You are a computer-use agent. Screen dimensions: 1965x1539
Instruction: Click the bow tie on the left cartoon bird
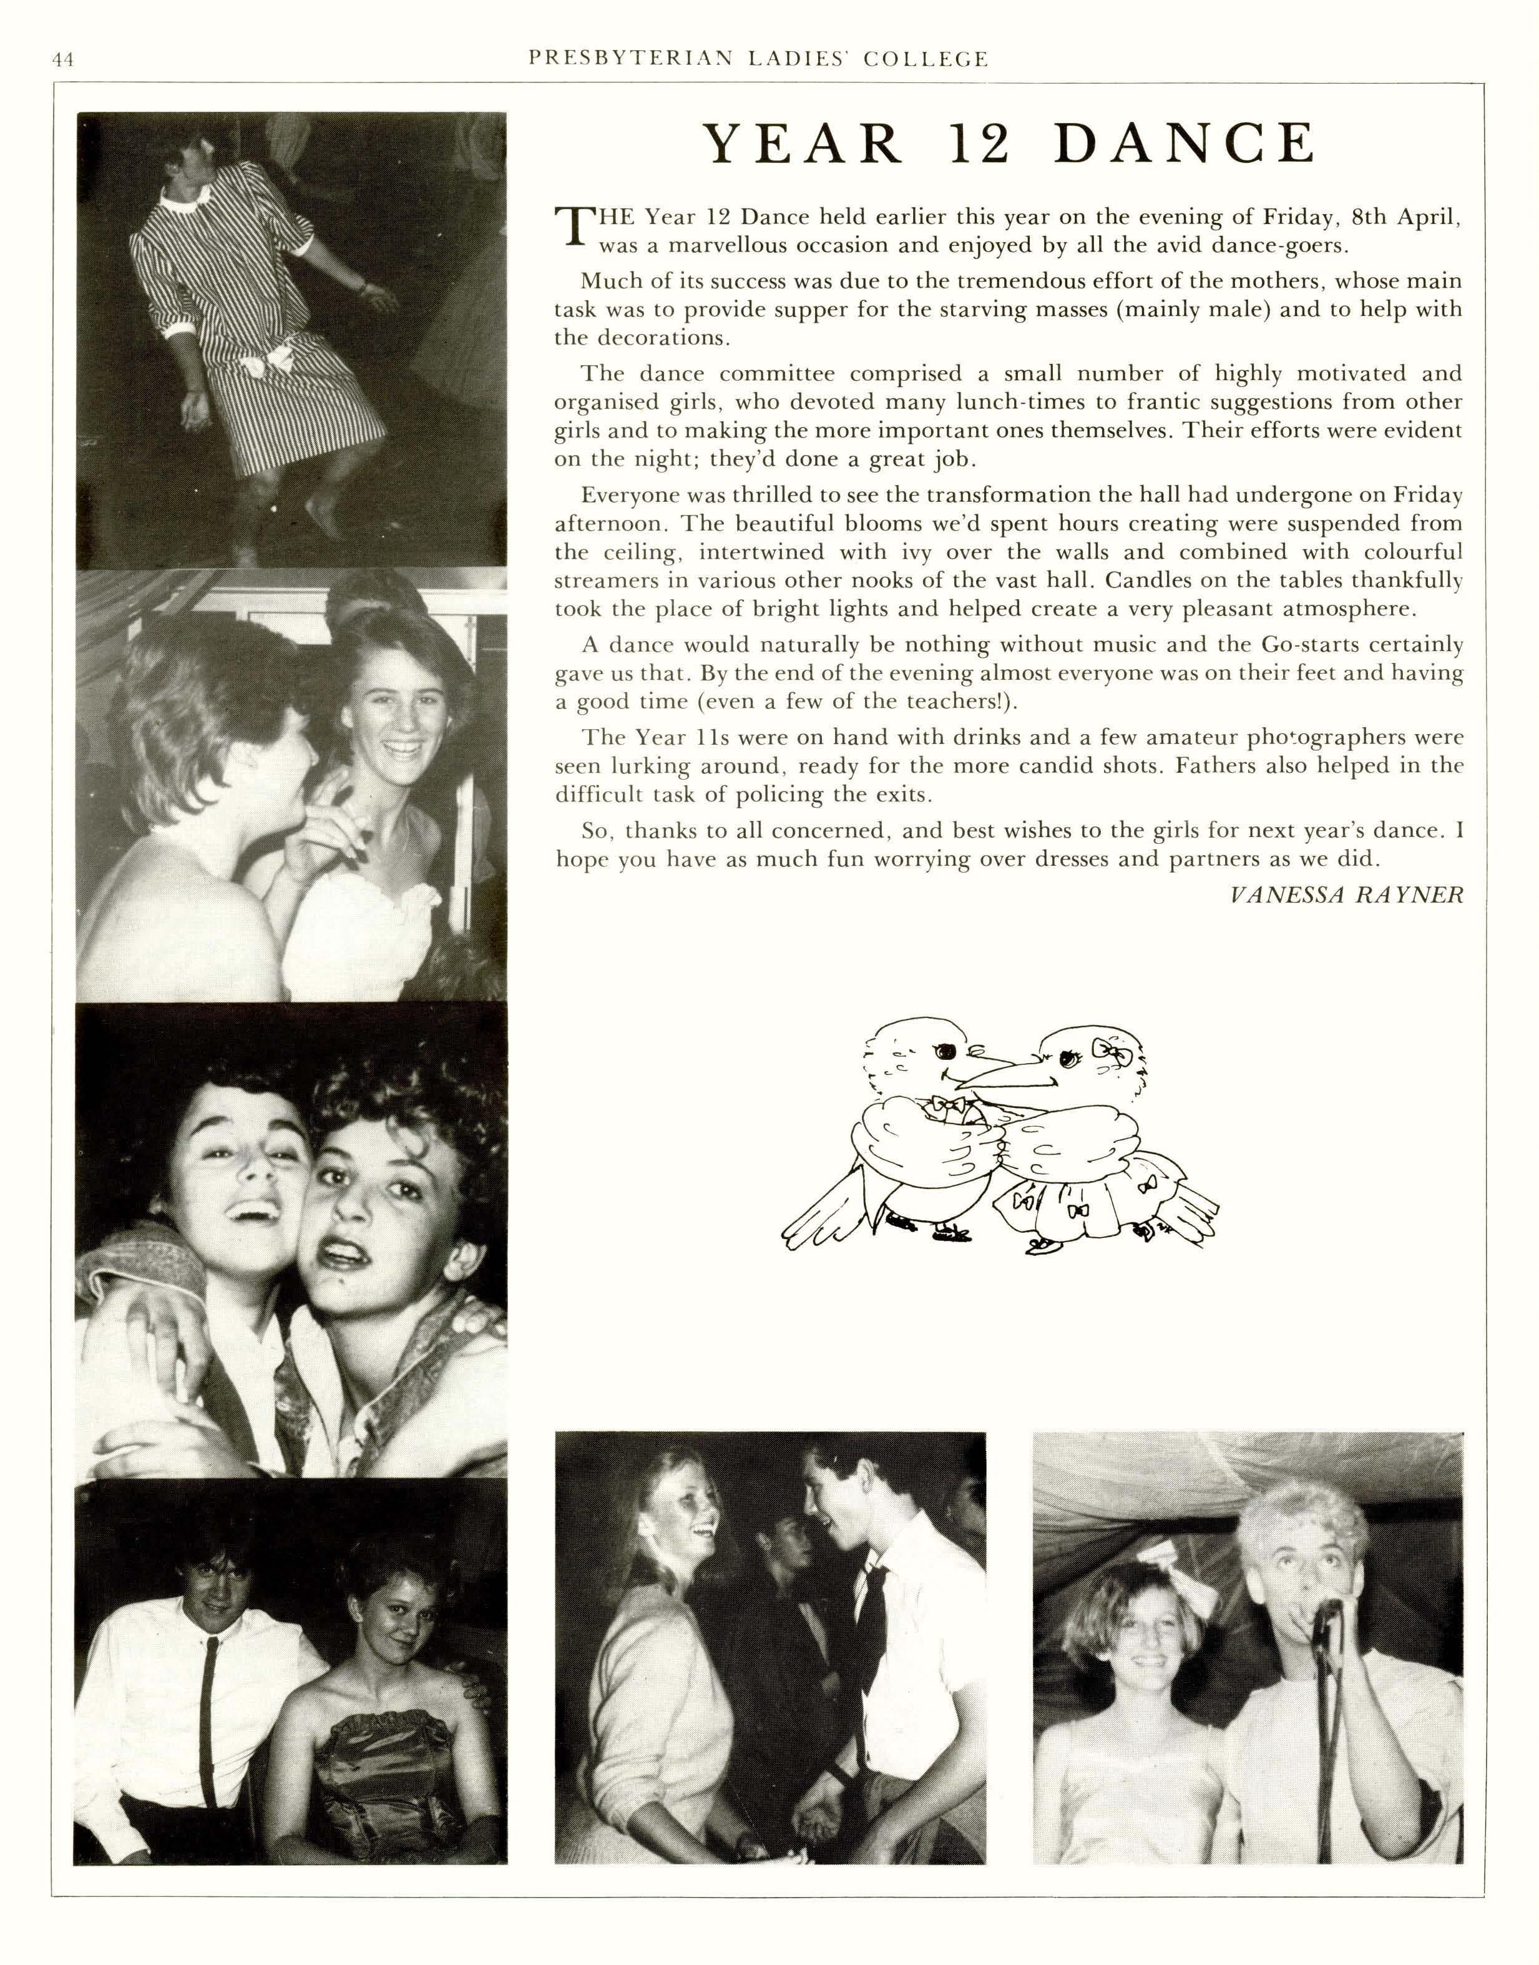point(944,1105)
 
